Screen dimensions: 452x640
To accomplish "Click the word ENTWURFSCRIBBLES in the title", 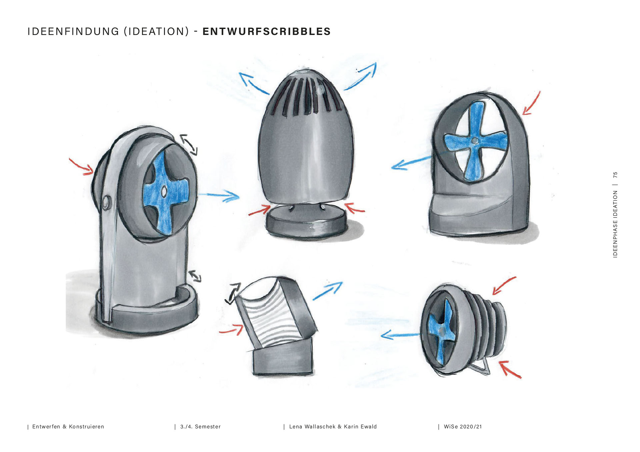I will tap(266, 32).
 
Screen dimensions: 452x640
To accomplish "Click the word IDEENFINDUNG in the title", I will tap(73, 32).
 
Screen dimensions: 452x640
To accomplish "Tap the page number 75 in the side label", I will tap(615, 175).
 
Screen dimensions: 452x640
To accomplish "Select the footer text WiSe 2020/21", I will tap(463, 427).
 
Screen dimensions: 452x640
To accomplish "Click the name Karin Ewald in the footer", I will tap(360, 427).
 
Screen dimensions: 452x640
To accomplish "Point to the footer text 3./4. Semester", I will tap(200, 427).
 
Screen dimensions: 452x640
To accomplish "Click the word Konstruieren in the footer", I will tap(86, 427).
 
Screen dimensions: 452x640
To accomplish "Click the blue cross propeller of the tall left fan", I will tap(163, 193).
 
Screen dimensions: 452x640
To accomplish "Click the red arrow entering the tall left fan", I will tap(82, 167).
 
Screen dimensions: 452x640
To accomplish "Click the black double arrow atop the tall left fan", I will tap(189, 144).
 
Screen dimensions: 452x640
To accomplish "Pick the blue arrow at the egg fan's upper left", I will tap(252, 82).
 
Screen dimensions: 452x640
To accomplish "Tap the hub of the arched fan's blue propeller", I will tap(475, 141).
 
